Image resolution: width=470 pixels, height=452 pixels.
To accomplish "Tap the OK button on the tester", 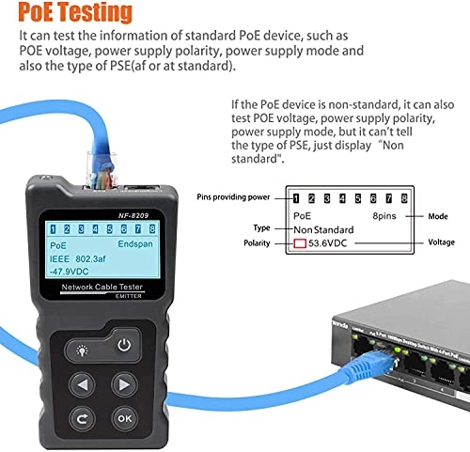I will [x=124, y=418].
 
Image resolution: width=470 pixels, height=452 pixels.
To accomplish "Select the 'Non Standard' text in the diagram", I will [x=323, y=229].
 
